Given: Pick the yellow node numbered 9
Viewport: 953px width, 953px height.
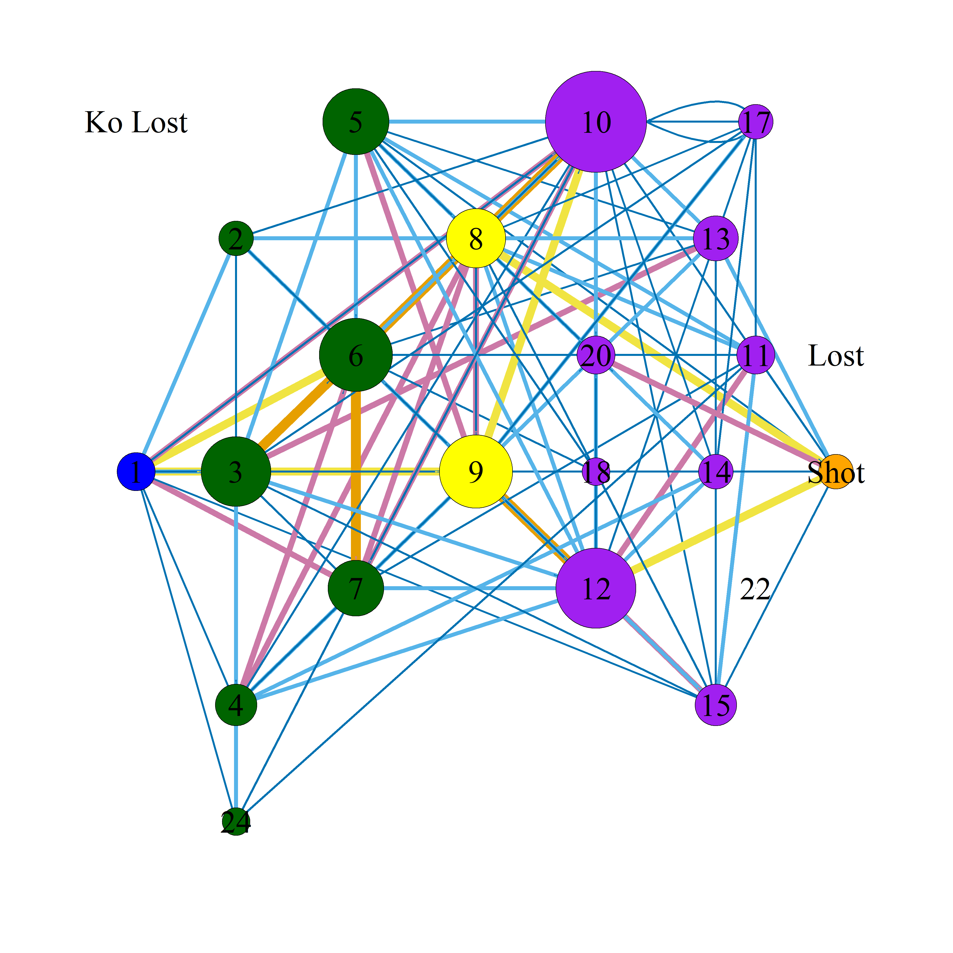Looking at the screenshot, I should (x=476, y=472).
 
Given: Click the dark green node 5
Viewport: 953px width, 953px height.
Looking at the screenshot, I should (x=356, y=121).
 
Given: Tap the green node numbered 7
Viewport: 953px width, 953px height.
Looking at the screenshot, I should (x=356, y=588).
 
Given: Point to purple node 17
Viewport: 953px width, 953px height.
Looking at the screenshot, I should (x=755, y=121).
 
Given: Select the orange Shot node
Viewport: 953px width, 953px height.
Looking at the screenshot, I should (x=836, y=472).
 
